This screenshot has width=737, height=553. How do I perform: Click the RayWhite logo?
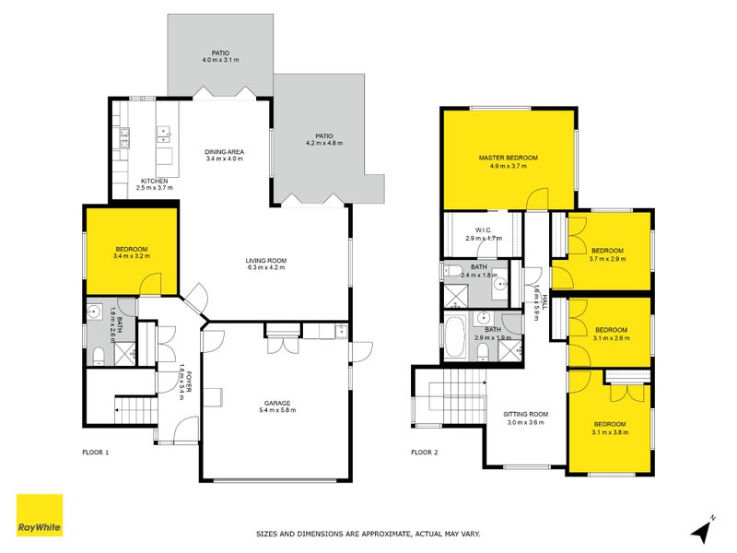point(40,516)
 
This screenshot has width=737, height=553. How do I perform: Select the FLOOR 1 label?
point(97,453)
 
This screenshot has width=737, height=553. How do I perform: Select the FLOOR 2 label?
point(426,453)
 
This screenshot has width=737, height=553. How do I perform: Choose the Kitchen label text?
point(153,181)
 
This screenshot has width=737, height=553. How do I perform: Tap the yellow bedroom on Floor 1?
point(131,251)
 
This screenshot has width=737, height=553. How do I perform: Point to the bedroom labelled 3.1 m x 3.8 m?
point(608,429)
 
